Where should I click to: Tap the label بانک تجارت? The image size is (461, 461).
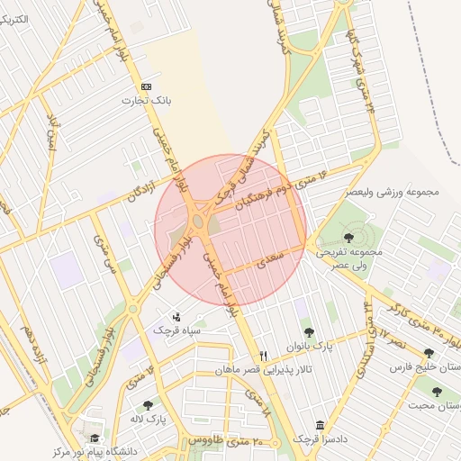tap(147, 101)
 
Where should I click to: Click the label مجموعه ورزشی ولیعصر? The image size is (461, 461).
tap(390, 192)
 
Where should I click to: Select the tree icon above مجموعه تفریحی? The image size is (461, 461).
tap(348, 238)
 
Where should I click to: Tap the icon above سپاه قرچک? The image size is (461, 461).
tap(176, 317)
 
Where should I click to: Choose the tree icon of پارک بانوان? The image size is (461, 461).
tap(310, 332)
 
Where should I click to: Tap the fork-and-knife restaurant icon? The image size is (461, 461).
tap(264, 355)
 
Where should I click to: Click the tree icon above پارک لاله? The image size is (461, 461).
tap(148, 404)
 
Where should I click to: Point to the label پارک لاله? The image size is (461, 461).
tap(148, 419)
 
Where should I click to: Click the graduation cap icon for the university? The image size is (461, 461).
tap(95, 437)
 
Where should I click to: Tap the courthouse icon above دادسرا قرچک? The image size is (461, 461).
tap(321, 425)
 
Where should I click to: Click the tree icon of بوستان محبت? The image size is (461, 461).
tap(437, 392)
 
